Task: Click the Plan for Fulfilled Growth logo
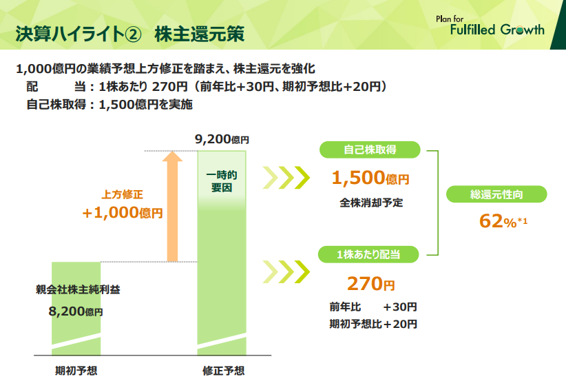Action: [490, 25]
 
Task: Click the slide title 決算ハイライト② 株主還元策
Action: [130, 34]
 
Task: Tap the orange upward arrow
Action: [173, 206]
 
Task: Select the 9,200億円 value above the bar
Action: [222, 139]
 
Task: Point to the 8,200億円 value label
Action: [76, 311]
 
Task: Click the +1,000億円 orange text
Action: [123, 213]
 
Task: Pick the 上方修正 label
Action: [123, 195]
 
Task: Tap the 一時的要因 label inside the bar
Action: [222, 181]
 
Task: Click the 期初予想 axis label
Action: [76, 371]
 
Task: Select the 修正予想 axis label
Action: [224, 371]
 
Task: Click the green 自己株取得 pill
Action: [370, 150]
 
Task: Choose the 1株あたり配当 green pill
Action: [368, 254]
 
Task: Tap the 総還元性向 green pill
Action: [496, 194]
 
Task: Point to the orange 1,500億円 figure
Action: [370, 178]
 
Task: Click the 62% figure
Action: [503, 221]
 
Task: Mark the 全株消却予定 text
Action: [371, 203]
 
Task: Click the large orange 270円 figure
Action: [370, 284]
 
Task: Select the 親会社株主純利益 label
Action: [78, 289]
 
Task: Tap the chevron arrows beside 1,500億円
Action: [286, 178]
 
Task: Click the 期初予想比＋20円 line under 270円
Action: [373, 324]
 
